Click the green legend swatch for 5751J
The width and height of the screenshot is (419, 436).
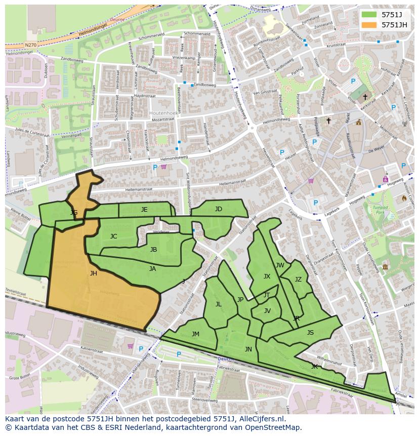tap(369, 14)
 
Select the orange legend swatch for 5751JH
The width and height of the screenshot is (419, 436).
tap(369, 24)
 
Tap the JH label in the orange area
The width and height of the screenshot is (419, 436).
tap(93, 273)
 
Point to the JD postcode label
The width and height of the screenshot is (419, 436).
tap(218, 209)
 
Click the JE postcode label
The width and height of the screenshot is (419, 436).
tap(144, 210)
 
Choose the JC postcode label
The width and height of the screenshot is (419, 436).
tap(113, 236)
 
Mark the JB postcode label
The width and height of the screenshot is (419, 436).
tap(153, 250)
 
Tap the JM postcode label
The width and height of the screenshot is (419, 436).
tap(195, 334)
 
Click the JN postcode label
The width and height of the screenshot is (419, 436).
tap(248, 349)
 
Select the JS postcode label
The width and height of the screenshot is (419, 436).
tap(310, 333)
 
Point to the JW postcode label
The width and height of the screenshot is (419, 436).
tap(280, 265)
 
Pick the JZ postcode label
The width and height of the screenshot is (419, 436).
tap(298, 280)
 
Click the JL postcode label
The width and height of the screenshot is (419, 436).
tap(219, 304)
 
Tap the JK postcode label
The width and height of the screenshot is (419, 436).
tap(314, 366)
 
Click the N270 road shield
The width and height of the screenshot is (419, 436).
tap(30, 45)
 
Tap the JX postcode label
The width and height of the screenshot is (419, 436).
tap(267, 276)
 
